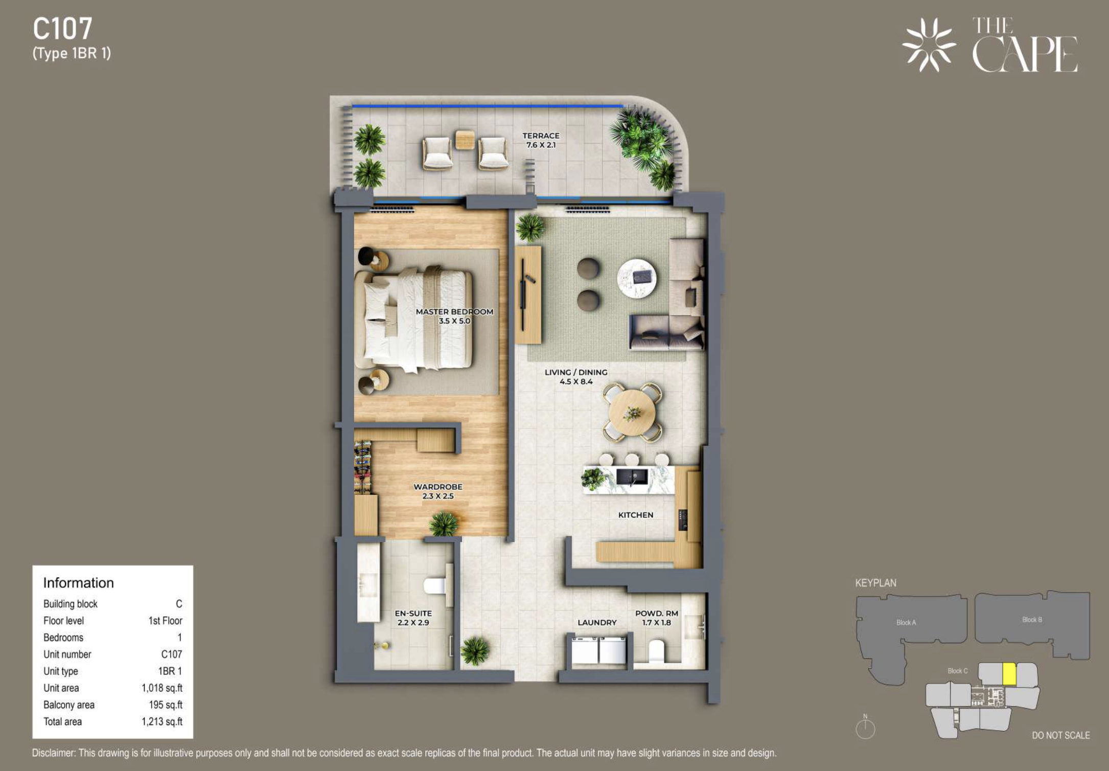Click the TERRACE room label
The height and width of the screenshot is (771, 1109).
click(541, 135)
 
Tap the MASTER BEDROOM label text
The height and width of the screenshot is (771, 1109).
click(454, 311)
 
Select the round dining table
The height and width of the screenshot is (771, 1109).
click(632, 412)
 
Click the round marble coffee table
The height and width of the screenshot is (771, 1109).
click(637, 278)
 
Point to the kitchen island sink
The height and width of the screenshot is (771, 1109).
click(632, 477)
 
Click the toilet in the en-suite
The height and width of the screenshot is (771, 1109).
click(437, 586)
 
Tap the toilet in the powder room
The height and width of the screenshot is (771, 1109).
click(656, 651)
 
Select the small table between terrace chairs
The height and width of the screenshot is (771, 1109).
click(465, 140)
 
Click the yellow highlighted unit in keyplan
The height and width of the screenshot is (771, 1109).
click(1009, 674)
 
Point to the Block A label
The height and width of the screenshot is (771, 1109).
click(906, 622)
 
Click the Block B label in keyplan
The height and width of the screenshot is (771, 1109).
click(1032, 619)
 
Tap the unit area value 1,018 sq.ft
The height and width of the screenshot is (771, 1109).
click(162, 688)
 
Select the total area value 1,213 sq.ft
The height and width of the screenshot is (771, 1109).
click(162, 722)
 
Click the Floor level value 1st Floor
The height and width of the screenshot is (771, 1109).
click(165, 621)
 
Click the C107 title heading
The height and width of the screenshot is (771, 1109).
click(62, 29)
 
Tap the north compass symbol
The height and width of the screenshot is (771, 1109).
click(865, 728)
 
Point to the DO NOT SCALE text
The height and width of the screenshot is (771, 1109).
click(1061, 735)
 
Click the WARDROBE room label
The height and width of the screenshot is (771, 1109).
click(438, 487)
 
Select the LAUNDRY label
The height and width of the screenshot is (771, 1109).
click(597, 622)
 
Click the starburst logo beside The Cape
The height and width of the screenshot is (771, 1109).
click(929, 45)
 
